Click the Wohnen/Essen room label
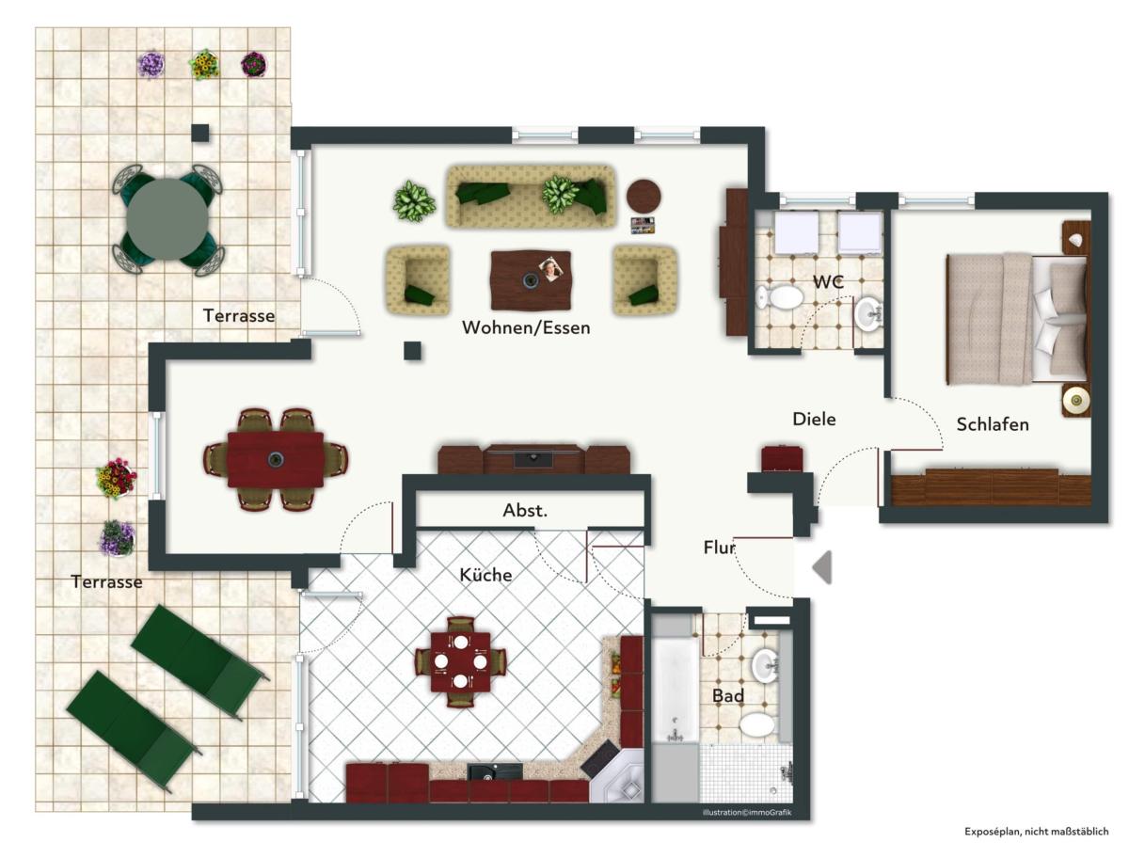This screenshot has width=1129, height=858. pos(526,327)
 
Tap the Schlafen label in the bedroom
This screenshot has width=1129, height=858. pos(993,424)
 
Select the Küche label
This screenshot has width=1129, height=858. pos(485,574)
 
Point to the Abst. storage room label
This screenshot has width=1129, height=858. pos(525,510)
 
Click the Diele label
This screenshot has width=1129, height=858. pos(814,419)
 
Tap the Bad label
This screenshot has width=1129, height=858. pos(728,695)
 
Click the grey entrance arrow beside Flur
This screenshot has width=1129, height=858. pos(822,567)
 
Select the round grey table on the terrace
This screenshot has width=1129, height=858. pos(167,219)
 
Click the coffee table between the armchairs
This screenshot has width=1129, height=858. pos(531,279)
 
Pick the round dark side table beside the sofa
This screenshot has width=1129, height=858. pos(644,196)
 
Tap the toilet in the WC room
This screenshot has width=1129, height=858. pos(780,297)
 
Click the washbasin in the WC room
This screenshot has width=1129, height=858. pos(868,311)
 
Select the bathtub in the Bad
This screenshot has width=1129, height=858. pos(676,689)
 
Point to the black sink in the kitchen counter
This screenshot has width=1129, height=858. pos(494,771)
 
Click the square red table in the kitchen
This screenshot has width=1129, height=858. pos(460,661)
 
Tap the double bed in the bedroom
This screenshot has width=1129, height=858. pos(1017,319)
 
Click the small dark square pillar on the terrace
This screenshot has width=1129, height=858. pos(200,133)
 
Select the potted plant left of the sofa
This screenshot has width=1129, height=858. pos(414,201)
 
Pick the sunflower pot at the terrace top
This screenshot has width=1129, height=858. pos(204,64)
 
